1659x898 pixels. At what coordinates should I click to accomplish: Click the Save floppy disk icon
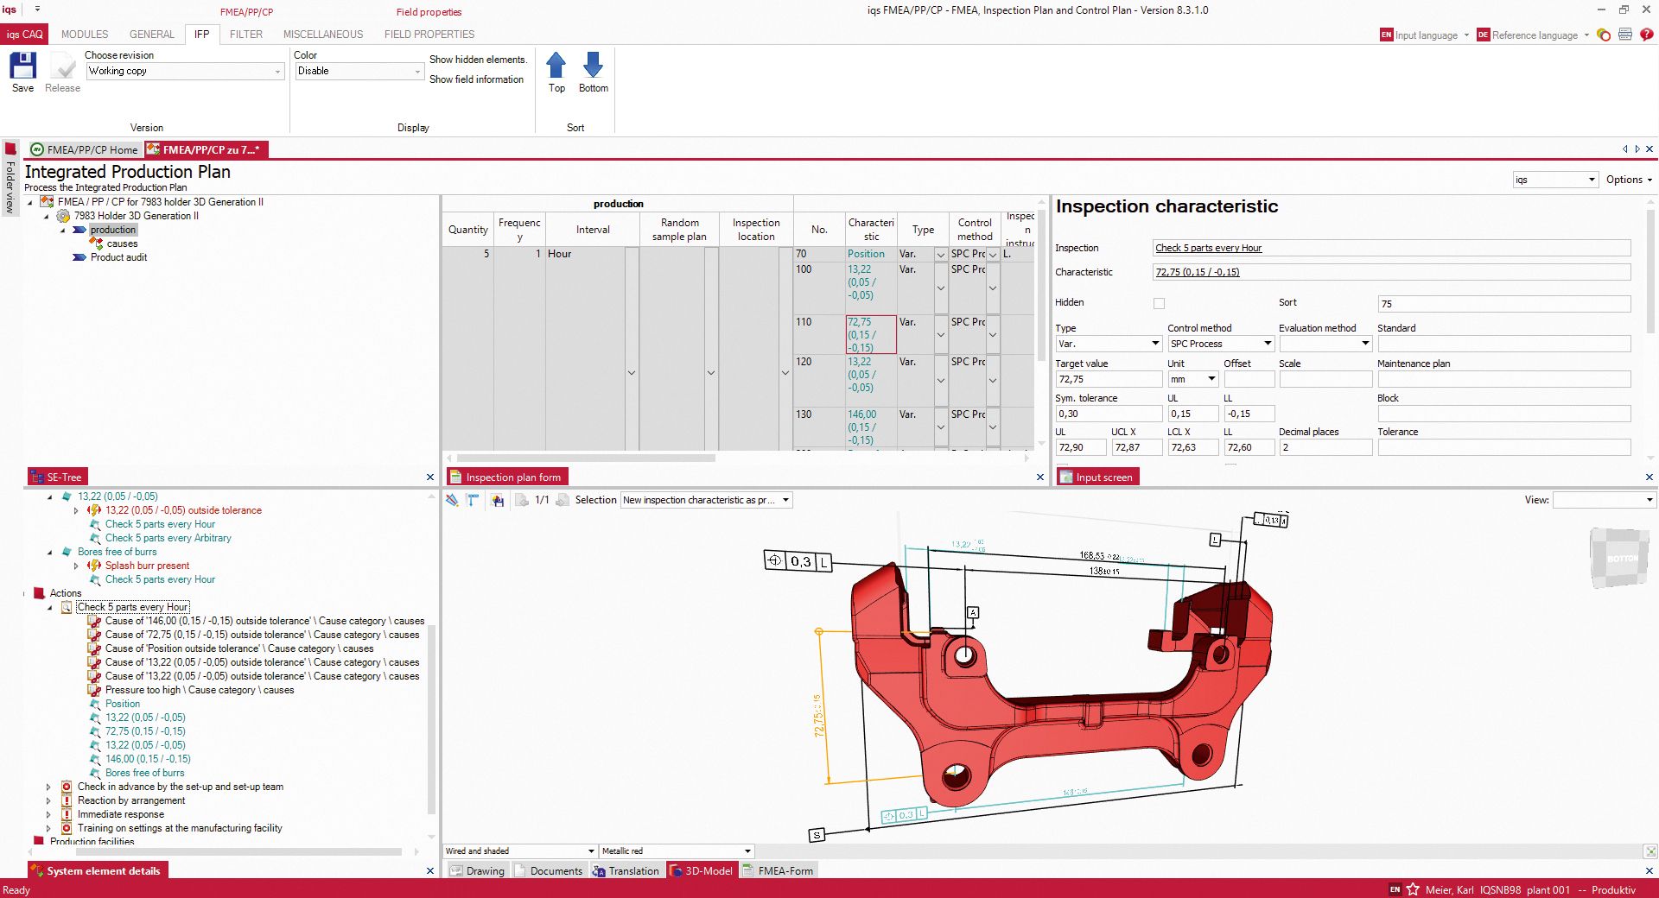tap(22, 66)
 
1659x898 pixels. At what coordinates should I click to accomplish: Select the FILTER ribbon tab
tap(245, 35)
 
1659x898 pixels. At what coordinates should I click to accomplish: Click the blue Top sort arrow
tap(556, 66)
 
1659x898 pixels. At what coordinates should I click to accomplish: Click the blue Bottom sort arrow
tap(593, 66)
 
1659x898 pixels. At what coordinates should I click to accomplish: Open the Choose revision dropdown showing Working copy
tap(277, 72)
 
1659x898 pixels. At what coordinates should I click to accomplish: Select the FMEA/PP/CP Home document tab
tap(84, 149)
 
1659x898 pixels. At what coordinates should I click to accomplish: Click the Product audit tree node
tap(118, 257)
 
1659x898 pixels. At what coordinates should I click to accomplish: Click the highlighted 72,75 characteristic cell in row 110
tap(870, 334)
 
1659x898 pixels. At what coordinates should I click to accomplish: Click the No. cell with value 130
tap(804, 414)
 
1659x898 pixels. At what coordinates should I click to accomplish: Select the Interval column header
tap(593, 230)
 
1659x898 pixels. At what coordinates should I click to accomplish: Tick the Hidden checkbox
tap(1159, 303)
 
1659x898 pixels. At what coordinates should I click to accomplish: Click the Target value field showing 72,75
tap(1108, 379)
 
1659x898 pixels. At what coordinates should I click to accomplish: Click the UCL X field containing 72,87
tap(1135, 447)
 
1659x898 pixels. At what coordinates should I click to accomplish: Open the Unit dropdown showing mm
tap(1211, 379)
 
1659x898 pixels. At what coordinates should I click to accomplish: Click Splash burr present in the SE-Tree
tap(147, 566)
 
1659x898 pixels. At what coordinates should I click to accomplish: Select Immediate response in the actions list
tap(120, 814)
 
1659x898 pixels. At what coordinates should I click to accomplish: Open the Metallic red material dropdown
tap(747, 851)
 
